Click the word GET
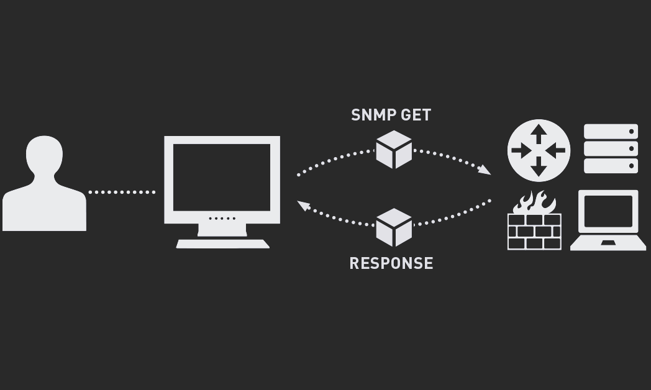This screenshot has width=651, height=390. tap(416, 115)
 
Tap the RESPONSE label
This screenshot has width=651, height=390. tap(391, 263)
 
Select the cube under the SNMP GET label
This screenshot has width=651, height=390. tap(394, 150)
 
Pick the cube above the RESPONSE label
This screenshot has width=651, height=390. tap(394, 227)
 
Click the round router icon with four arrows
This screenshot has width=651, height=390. tap(539, 150)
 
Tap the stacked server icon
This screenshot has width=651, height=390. tap(611, 149)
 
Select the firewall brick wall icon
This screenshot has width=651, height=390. tap(534, 231)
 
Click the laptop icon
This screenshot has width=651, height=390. tap(608, 220)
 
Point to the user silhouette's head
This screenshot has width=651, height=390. tap(45, 155)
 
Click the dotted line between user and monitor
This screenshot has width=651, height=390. tap(122, 192)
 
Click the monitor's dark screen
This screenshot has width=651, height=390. tap(222, 177)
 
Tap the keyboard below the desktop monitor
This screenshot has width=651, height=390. tap(223, 244)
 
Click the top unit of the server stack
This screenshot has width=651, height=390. tap(611, 132)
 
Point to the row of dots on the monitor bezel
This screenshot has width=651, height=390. tap(222, 219)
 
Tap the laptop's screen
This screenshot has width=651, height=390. tap(608, 211)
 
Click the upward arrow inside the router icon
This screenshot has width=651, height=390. tap(539, 134)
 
